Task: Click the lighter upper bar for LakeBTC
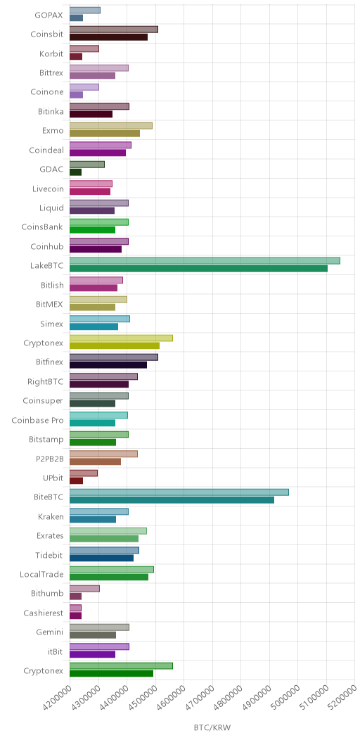[x=205, y=261]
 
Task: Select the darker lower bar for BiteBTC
[x=172, y=500]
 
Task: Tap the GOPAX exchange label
[x=49, y=15]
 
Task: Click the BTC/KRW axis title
[x=212, y=727]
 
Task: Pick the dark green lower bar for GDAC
[x=75, y=172]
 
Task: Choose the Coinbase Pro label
[x=37, y=420]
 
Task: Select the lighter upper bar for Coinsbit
[x=114, y=30]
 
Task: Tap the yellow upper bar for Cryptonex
[x=121, y=338]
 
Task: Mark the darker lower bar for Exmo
[x=105, y=134]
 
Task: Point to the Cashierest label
[x=43, y=613]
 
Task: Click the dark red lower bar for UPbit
[x=77, y=480]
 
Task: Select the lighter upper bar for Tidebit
[x=104, y=550]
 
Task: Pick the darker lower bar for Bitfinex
[x=108, y=365]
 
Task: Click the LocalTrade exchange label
[x=41, y=574]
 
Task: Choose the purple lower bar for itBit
[x=93, y=654]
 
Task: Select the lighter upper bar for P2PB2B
[x=104, y=454]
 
